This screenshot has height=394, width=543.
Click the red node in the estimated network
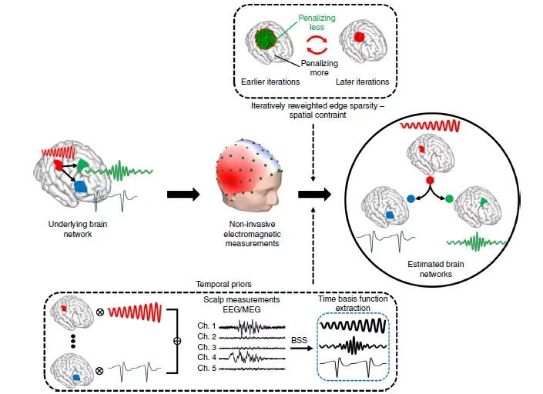point(431,179)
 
